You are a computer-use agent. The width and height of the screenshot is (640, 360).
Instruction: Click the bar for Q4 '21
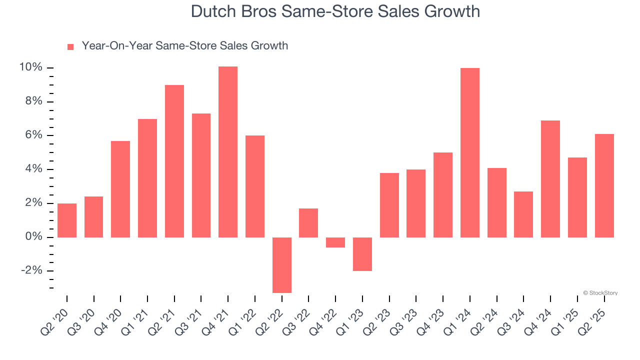228,151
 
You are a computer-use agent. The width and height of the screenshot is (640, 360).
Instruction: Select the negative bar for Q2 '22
281,265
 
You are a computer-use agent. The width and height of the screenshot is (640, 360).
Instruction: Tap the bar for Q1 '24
470,152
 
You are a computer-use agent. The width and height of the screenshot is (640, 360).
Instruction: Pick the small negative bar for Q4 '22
335,242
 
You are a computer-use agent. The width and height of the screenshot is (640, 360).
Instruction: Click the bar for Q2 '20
67,220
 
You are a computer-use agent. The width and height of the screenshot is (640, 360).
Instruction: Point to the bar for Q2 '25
604,185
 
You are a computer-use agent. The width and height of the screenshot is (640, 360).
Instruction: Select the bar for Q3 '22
308,222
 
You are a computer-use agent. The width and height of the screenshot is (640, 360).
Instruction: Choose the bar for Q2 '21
174,161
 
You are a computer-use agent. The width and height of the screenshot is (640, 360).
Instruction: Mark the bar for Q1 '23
362,254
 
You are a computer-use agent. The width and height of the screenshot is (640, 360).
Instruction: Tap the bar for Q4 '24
550,178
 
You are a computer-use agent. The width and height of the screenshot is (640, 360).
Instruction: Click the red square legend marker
70,46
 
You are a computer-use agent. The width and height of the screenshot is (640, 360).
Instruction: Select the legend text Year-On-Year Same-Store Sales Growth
184,46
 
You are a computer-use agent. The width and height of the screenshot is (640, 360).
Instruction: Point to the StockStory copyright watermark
600,293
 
